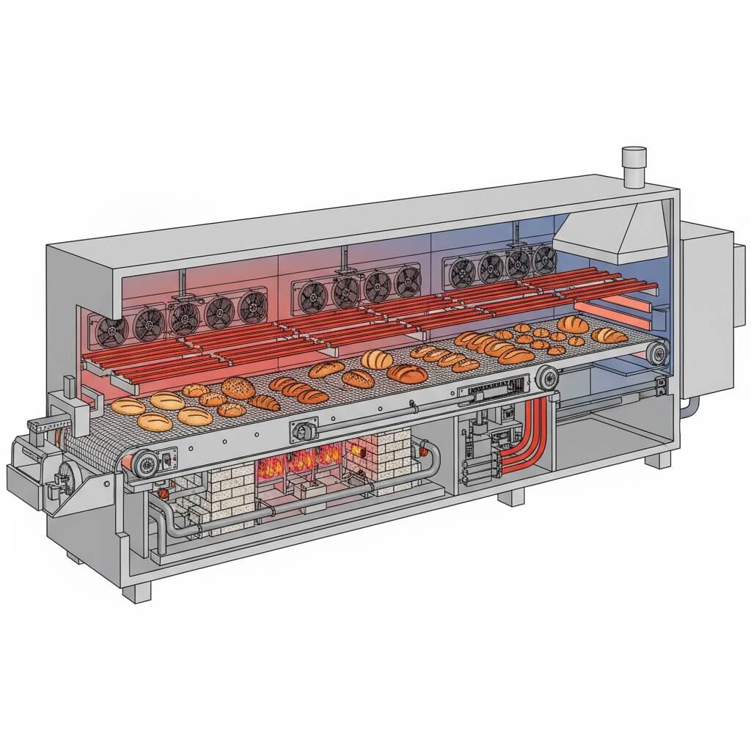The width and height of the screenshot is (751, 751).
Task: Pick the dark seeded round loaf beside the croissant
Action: [x=238, y=388]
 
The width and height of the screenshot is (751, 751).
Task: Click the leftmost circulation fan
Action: [x=111, y=331]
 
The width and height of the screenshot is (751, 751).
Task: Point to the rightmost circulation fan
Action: [x=544, y=259]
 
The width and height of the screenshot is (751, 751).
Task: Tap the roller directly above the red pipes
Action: [x=546, y=378]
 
